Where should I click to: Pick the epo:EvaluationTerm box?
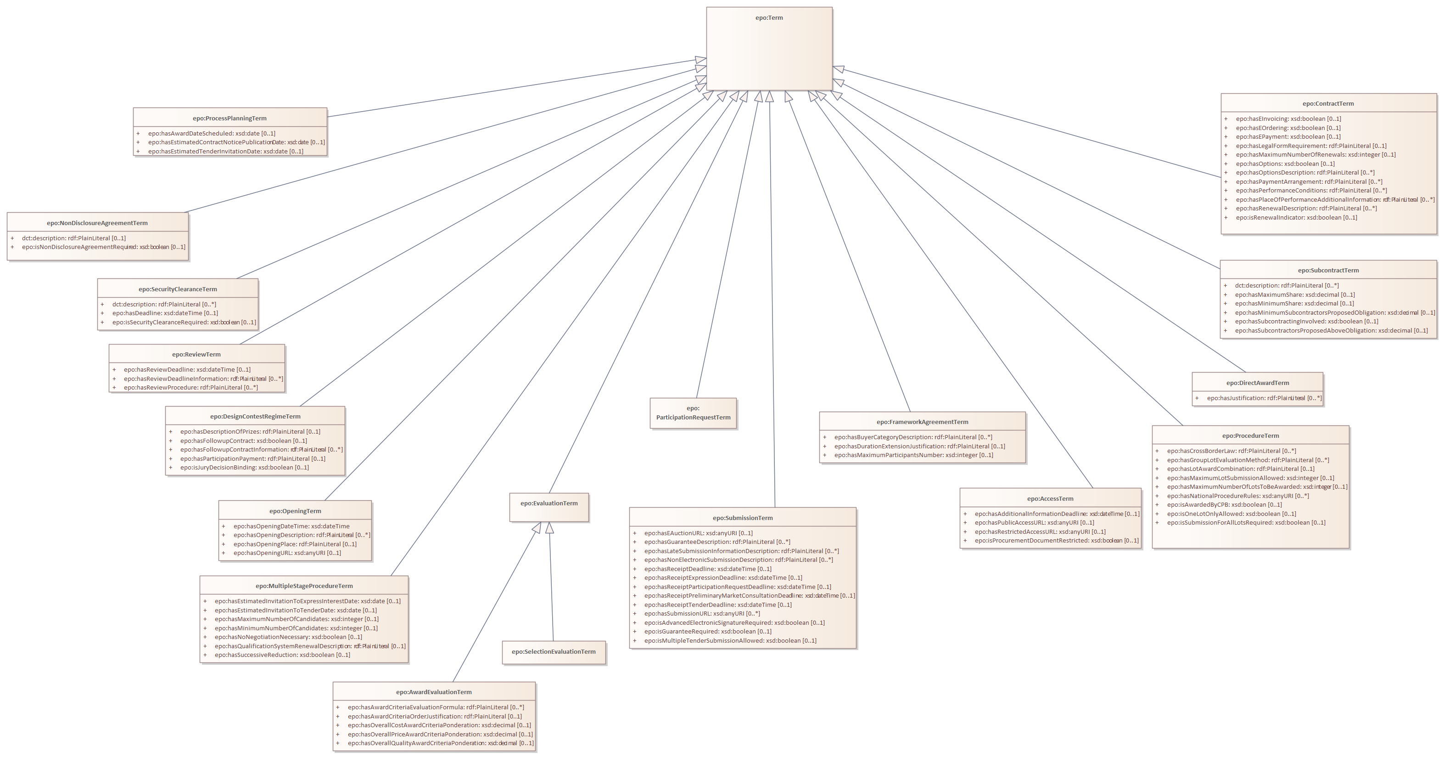click(549, 504)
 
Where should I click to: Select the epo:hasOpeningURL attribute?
click(286, 553)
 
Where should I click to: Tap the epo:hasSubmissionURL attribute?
click(701, 614)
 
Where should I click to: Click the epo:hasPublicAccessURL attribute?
click(1034, 523)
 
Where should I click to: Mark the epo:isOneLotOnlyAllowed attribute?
click(1231, 514)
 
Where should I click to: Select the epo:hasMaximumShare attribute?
click(1294, 294)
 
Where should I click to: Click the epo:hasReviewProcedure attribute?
click(190, 388)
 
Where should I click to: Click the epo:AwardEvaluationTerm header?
click(433, 692)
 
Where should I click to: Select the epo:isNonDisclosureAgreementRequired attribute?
click(103, 248)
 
